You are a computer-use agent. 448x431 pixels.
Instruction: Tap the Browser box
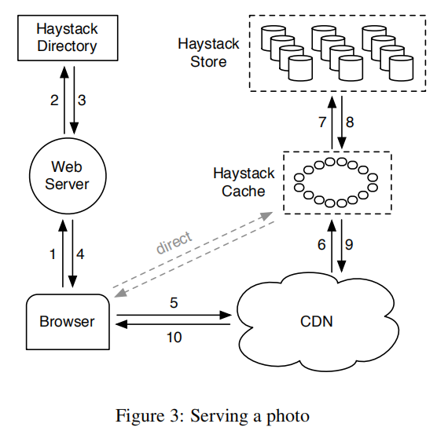point(68,322)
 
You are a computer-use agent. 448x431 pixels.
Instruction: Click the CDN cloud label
point(317,321)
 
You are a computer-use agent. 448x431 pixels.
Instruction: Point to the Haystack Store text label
point(208,53)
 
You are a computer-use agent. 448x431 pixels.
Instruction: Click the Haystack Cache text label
point(244,182)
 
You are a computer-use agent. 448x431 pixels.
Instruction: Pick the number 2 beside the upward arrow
point(54,100)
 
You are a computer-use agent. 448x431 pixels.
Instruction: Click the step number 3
point(82,100)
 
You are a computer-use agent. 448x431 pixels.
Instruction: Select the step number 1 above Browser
point(53,254)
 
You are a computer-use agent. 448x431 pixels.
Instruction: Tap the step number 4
point(80,254)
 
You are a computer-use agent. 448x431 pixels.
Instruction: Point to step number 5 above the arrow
point(174,303)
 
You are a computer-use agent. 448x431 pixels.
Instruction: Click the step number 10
point(174,337)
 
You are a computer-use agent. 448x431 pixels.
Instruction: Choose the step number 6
point(321,245)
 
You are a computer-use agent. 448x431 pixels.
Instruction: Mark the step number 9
point(349,245)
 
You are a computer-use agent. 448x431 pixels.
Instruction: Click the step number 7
point(322,122)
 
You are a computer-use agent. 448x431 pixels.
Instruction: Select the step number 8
point(350,122)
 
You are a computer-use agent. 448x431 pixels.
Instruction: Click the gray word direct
point(174,243)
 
